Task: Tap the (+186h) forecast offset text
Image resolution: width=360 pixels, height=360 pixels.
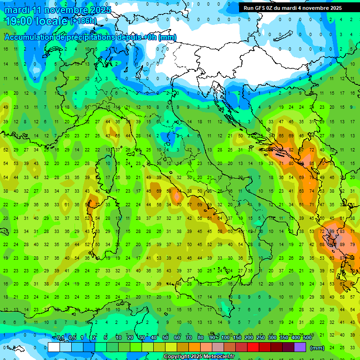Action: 83,21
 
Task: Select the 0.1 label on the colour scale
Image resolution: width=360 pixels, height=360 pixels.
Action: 60,338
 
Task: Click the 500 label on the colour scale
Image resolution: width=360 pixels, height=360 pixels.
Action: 307,338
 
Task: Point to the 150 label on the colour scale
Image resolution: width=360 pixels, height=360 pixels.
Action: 237,338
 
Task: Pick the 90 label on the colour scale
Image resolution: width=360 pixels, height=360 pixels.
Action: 213,338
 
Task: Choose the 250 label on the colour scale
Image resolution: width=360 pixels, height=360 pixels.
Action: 261,338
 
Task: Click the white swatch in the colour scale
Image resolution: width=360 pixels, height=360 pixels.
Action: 54,347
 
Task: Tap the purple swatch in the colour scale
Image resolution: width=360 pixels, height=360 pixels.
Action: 300,347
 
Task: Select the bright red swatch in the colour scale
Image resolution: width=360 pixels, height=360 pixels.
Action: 253,347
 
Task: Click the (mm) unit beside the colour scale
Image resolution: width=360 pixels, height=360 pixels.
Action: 317,348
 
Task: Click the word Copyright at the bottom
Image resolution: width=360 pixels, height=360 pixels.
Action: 178,357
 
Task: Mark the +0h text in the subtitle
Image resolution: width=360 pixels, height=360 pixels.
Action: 149,37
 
